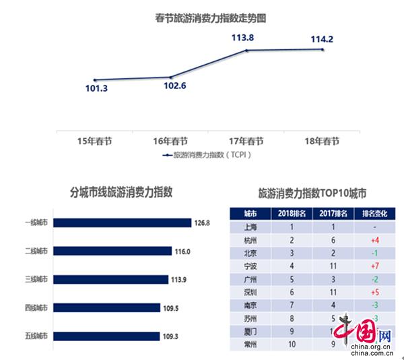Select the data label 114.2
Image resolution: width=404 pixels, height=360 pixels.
[x=322, y=39]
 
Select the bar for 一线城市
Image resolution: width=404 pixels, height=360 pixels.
[x=122, y=222]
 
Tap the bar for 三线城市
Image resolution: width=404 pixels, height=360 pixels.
[x=110, y=279]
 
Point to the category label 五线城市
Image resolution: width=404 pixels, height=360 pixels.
[x=36, y=336]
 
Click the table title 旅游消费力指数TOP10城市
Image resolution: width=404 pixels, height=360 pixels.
[x=312, y=193]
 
